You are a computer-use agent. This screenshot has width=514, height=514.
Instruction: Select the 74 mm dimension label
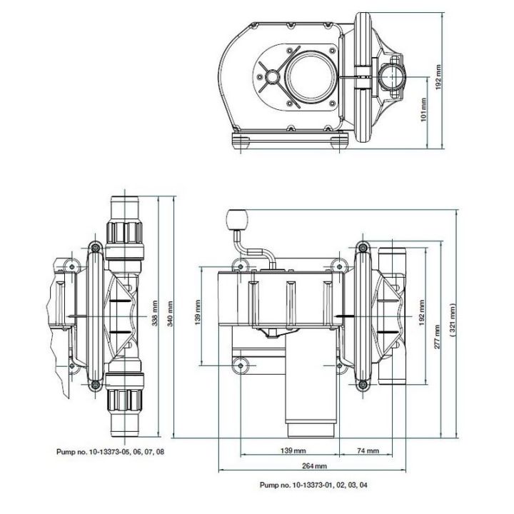point(368,452)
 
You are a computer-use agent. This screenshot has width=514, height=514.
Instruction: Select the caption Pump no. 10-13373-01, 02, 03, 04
point(315,485)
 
